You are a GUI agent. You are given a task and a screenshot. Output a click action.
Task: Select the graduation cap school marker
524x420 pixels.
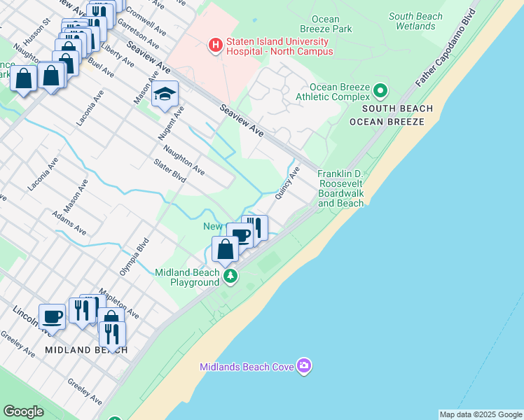click(x=165, y=94)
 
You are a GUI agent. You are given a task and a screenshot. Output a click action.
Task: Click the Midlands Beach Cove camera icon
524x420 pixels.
click(x=304, y=365)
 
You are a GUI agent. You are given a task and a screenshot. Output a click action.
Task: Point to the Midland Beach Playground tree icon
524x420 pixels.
click(x=230, y=276)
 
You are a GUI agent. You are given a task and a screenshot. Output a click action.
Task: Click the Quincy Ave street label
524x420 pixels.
click(x=287, y=183)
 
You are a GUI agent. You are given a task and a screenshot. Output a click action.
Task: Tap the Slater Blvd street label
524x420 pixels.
click(x=170, y=171)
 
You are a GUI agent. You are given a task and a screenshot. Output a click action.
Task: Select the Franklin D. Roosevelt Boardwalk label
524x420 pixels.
click(x=341, y=188)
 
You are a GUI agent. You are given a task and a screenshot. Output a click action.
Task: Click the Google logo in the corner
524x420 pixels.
click(x=23, y=412)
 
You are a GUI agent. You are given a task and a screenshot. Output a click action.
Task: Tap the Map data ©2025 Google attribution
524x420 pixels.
click(x=481, y=414)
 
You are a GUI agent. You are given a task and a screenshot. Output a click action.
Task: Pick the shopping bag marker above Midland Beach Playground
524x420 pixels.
click(x=225, y=249)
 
